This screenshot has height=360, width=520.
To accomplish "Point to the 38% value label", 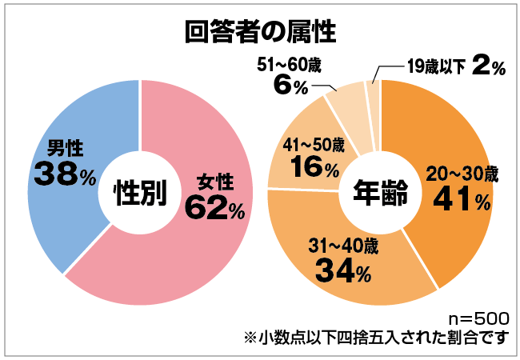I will [x=63, y=174].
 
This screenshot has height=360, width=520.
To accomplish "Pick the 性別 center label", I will [x=140, y=193].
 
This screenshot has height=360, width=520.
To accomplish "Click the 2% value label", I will [x=488, y=67].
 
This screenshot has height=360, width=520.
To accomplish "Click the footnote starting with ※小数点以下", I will [x=377, y=336].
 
